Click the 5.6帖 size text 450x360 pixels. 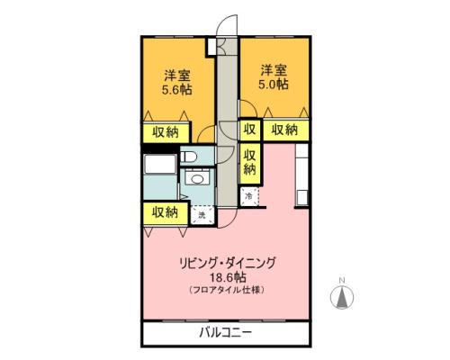[175, 90]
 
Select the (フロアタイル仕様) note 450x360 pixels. [238, 291]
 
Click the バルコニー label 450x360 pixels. [225, 333]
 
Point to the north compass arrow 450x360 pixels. [342, 300]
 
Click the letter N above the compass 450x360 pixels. [342, 281]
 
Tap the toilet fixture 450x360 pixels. [189, 159]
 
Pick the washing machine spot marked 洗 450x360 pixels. [202, 214]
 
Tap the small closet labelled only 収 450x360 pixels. [250, 130]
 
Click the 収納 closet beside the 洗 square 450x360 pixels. [163, 212]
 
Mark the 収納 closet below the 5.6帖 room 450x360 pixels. [165, 131]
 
